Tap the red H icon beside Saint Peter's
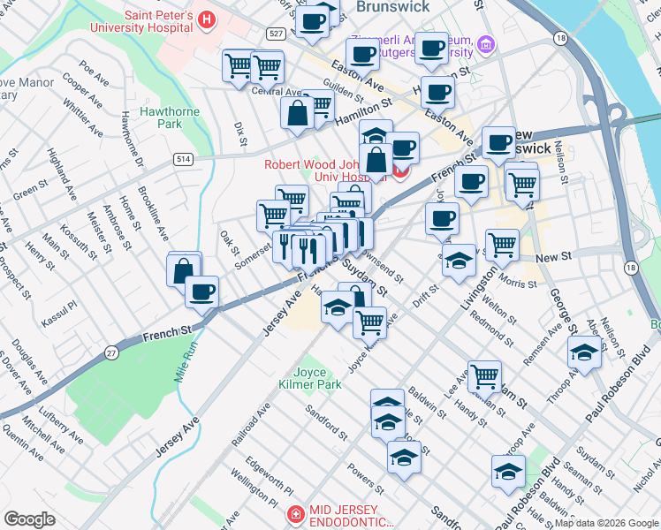coord(206,19)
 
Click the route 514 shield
coord(183,159)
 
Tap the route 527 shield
coord(276,33)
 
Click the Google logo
coord(30,519)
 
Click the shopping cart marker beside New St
coord(502,244)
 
